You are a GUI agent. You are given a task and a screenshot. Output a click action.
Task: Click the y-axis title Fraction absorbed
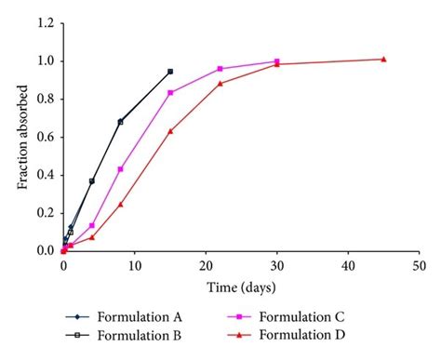(x=21, y=138)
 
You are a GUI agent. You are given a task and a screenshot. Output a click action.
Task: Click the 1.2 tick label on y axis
(x=45, y=23)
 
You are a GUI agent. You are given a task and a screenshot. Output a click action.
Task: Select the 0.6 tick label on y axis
(x=45, y=137)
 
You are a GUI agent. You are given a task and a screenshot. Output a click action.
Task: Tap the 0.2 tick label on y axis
(x=45, y=213)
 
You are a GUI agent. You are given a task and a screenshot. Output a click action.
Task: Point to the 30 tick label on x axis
(x=276, y=267)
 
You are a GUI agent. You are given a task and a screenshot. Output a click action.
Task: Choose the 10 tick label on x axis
(x=134, y=267)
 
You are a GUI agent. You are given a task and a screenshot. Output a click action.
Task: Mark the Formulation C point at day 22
(x=220, y=69)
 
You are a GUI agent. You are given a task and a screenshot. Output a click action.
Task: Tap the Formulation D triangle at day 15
(x=170, y=131)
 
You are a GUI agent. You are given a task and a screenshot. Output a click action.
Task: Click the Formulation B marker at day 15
(x=170, y=72)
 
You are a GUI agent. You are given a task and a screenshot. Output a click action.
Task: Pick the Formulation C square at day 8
(x=120, y=169)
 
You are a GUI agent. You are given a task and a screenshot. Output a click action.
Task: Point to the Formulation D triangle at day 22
(x=220, y=84)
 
